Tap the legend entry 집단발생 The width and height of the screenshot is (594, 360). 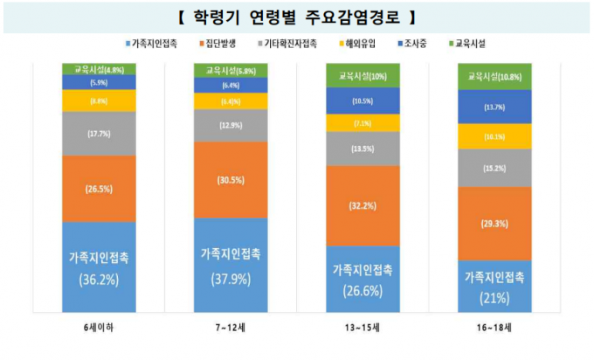coord(224,43)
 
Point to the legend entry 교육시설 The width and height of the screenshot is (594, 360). coord(471,43)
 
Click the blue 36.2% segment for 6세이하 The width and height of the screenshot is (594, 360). coord(99,267)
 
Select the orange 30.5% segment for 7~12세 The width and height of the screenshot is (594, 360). coord(231,179)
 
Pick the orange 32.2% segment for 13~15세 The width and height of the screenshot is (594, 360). coord(362,206)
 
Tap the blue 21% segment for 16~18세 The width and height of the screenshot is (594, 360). coord(494,286)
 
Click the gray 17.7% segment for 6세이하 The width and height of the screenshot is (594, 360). coord(99,134)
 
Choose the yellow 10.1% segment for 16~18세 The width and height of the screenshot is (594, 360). coord(494,136)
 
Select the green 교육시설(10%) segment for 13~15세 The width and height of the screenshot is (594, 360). coord(362,76)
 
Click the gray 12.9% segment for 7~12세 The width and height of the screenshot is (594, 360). coord(231,125)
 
